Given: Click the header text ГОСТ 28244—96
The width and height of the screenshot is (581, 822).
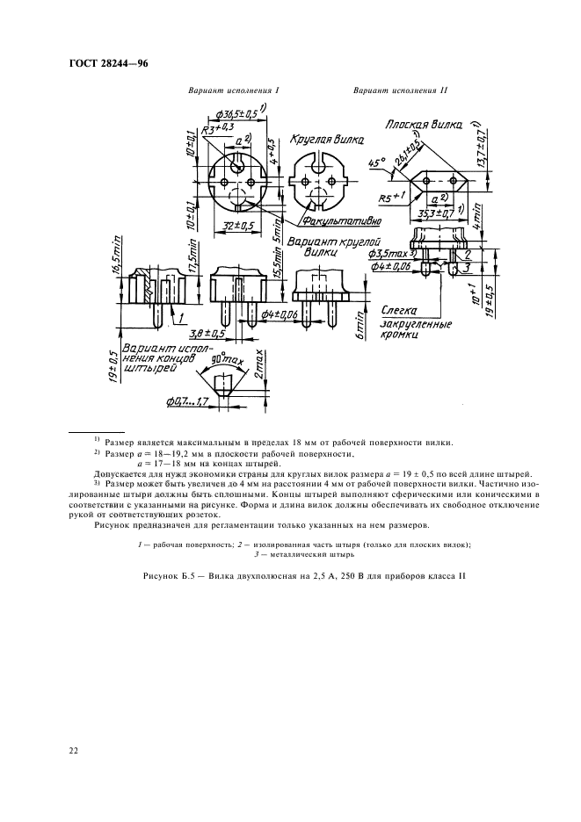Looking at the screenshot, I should click(104, 64).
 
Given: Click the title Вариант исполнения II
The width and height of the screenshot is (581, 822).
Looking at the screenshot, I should click(389, 90).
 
